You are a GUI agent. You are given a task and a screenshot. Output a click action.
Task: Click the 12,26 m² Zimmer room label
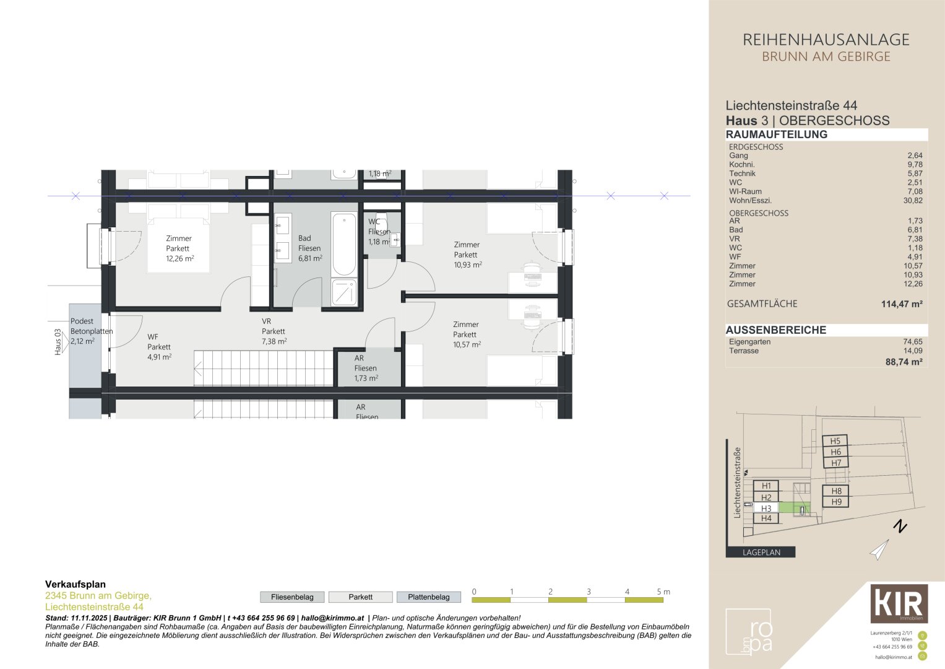pos(179,248)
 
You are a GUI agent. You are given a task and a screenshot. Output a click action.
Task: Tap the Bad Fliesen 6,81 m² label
pos(309,248)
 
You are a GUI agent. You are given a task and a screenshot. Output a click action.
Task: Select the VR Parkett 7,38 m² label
pos(274,331)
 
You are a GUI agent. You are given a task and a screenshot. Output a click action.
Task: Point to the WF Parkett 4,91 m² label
pos(159,347)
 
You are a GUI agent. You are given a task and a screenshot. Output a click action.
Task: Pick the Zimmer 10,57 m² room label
pos(466,334)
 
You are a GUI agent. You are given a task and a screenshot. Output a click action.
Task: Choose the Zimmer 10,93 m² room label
pos(467,255)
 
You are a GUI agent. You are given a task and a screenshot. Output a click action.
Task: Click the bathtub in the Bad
pos(344,244)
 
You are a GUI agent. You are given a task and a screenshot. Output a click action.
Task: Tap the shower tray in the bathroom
pos(344,292)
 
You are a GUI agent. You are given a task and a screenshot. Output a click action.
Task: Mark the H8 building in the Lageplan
pos(836,491)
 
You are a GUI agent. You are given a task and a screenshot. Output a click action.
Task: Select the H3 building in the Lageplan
pos(766,509)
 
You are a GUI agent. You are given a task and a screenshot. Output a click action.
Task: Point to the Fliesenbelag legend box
pos(292,597)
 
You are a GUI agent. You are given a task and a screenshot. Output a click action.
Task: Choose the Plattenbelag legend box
pos(428,597)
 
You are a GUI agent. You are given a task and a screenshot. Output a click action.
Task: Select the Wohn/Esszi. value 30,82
pos(913,200)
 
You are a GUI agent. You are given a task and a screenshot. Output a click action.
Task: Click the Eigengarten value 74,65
pos(913,341)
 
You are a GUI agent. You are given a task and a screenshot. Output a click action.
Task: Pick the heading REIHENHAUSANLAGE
pos(826,40)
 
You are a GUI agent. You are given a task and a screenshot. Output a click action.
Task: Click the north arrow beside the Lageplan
pos(880,549)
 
